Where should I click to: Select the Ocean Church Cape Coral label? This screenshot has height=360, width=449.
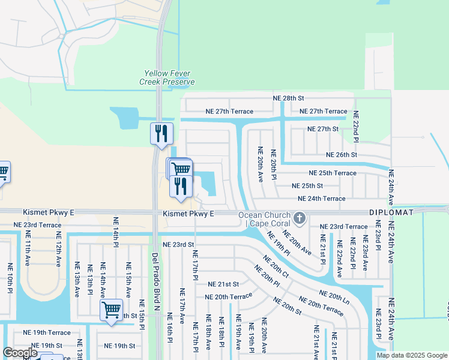[x=264, y=219]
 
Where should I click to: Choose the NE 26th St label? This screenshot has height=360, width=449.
[x=341, y=155]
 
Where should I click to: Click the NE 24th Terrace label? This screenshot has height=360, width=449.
[x=322, y=199]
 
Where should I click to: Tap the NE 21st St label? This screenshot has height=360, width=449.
[x=223, y=284]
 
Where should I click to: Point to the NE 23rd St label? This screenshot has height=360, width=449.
[x=178, y=245]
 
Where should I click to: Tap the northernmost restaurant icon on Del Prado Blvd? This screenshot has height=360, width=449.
[x=161, y=133]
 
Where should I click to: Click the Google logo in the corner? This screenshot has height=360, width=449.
[x=20, y=353]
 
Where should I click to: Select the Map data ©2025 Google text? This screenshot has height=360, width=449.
[x=411, y=355]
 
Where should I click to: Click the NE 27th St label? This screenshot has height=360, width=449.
[x=323, y=129]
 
